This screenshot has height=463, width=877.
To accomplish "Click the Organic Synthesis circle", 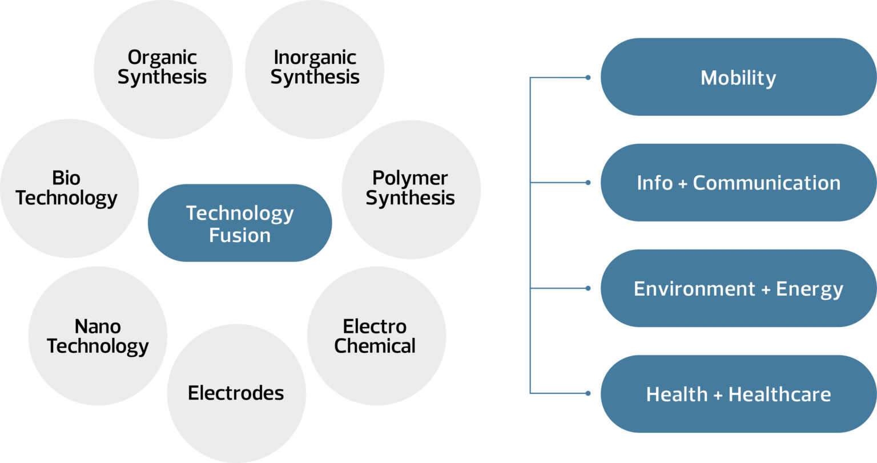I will click(x=163, y=69).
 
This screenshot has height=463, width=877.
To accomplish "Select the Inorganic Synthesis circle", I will click(x=315, y=69).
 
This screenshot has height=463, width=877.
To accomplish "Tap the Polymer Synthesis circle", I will click(x=411, y=188).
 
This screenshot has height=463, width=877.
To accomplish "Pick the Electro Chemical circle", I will click(x=376, y=336).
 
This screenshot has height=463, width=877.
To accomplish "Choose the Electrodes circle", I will click(x=236, y=393).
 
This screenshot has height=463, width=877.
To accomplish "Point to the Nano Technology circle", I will click(x=98, y=336).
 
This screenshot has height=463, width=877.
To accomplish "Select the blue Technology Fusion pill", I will click(x=240, y=223).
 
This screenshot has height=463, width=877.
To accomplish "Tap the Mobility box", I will click(x=738, y=77).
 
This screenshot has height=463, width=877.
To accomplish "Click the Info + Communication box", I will click(x=738, y=183).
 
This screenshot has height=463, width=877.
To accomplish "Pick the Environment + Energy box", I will click(x=738, y=288).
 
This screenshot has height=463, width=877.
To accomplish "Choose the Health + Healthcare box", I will click(x=738, y=394).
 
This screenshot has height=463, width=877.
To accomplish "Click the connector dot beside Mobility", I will click(x=588, y=77).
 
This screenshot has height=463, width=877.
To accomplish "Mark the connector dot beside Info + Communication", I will click(x=588, y=183).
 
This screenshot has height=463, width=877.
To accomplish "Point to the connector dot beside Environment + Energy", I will click(x=588, y=288).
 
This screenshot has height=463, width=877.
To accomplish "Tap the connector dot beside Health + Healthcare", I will click(x=588, y=393).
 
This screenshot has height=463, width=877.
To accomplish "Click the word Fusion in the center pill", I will click(x=240, y=235).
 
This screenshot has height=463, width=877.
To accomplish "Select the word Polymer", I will click(x=410, y=178).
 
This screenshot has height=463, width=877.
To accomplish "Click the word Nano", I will click(x=98, y=327).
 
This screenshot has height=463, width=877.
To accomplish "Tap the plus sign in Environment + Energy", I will click(x=766, y=289).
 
